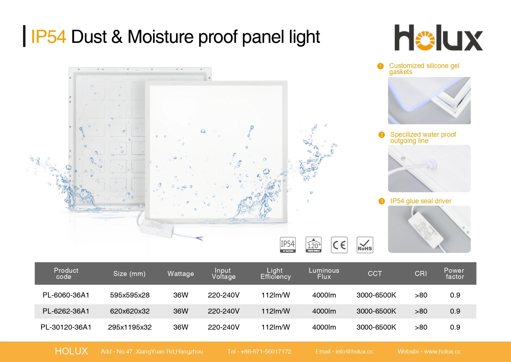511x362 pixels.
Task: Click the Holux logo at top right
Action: point(438,38)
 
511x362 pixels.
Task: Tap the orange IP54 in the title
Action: point(48,37)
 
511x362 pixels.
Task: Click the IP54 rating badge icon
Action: point(288,245)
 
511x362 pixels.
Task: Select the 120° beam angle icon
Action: point(313,245)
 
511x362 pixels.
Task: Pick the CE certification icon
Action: point(339,245)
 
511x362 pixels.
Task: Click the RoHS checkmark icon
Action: point(365,245)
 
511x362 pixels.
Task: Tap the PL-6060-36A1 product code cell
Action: point(66,295)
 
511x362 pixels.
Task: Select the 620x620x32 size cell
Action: point(130,311)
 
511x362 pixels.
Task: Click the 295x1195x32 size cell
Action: point(130,327)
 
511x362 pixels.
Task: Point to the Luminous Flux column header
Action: point(324,274)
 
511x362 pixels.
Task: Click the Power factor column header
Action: point(454,274)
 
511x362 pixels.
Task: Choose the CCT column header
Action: point(375,274)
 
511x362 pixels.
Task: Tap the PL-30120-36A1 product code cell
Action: point(66,327)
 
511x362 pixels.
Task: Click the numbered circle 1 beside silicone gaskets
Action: point(380,66)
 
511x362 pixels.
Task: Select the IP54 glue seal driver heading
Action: point(421,201)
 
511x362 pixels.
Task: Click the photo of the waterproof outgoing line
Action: point(429,169)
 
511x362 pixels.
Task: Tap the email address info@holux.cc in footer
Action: point(354,351)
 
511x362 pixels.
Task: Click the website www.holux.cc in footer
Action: point(442,351)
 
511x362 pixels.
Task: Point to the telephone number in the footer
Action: point(266,351)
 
